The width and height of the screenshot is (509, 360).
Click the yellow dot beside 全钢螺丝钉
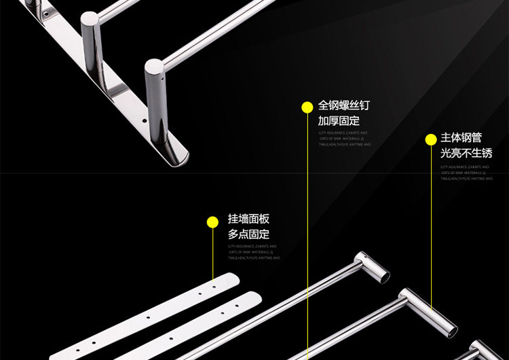[307, 107]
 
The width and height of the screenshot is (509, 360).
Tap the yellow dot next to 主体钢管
[430, 139]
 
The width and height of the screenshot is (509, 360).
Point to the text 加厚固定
[339, 121]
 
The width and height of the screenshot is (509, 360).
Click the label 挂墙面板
[248, 219]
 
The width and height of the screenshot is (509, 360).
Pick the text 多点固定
[248, 234]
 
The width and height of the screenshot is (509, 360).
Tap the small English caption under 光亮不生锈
[466, 172]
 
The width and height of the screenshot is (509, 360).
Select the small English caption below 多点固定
[253, 252]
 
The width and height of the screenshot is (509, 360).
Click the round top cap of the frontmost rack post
[154, 67]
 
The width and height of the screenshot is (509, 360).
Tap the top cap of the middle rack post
[90, 20]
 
